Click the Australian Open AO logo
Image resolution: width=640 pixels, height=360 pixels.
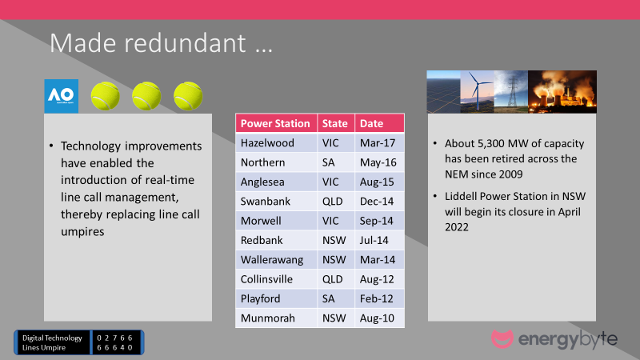click(62, 96)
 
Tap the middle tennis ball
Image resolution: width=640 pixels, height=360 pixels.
click(146, 96)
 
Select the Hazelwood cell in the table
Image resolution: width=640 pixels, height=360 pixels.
click(276, 143)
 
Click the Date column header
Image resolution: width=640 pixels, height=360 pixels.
click(379, 123)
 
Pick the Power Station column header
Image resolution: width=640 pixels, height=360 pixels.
click(276, 123)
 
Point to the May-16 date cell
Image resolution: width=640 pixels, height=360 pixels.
click(379, 162)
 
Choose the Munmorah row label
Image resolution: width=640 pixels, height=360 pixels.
click(268, 318)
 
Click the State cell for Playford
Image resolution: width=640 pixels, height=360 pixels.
click(336, 298)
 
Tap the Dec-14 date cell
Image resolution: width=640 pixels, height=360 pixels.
click(379, 202)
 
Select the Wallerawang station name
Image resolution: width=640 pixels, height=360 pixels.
click(272, 259)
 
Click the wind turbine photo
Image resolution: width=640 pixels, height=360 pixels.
click(477, 92)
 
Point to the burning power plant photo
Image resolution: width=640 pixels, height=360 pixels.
click(562, 92)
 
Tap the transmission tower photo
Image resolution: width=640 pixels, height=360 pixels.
click(511, 92)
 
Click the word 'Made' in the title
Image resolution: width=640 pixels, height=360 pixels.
click(83, 43)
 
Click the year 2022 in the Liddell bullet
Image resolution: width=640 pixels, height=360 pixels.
click(457, 227)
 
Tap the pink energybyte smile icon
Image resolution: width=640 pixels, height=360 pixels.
click(502, 338)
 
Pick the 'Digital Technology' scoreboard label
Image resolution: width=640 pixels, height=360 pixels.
click(52, 338)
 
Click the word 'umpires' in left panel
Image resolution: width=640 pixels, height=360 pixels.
click(82, 232)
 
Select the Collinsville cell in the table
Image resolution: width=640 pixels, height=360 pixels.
click(276, 279)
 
